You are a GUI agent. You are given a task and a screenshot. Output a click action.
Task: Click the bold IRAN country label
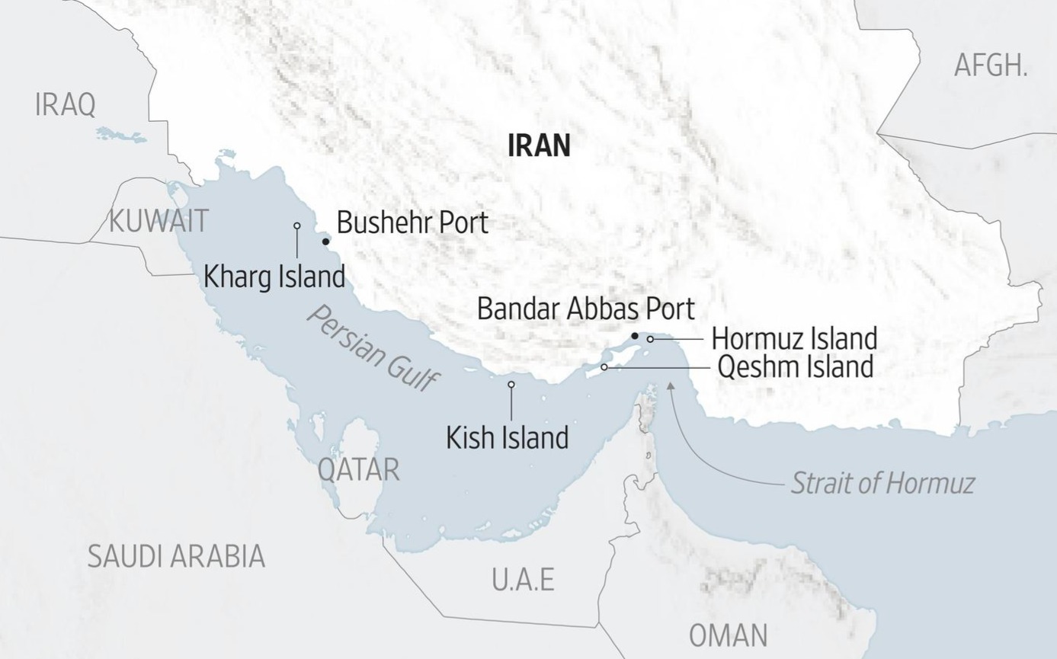pyautogui.click(x=539, y=145)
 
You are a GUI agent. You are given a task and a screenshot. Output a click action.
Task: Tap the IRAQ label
pyautogui.click(x=66, y=104)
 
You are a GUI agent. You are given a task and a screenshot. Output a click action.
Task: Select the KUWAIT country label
pyautogui.click(x=159, y=221)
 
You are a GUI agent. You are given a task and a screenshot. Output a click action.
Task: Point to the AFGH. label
pyautogui.click(x=991, y=66)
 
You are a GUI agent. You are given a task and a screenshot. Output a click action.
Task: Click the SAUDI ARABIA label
pyautogui.click(x=176, y=556)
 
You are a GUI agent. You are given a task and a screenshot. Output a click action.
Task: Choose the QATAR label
pyautogui.click(x=358, y=469)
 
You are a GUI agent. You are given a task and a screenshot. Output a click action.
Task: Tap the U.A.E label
pyautogui.click(x=523, y=580)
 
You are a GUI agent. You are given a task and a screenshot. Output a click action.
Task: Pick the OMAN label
pyautogui.click(x=728, y=635)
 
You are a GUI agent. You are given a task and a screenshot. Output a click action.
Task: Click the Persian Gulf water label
pyautogui.click(x=373, y=349)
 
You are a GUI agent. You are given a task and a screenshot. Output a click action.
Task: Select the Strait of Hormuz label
pyautogui.click(x=882, y=483)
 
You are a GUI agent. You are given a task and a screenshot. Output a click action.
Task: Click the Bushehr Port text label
pyautogui.click(x=412, y=222)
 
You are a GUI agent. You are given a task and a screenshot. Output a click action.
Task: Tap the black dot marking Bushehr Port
pyautogui.click(x=325, y=242)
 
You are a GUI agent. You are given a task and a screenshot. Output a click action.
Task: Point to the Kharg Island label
pyautogui.click(x=274, y=276)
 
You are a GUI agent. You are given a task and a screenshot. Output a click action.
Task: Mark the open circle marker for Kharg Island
pyautogui.click(x=297, y=226)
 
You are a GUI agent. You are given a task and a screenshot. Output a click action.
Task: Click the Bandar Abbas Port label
pyautogui.click(x=585, y=309)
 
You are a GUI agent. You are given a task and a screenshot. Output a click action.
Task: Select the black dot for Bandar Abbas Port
pyautogui.click(x=634, y=336)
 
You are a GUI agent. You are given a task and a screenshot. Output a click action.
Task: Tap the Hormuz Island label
pyautogui.click(x=794, y=338)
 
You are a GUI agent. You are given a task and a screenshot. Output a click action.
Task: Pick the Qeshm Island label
pyautogui.click(x=796, y=366)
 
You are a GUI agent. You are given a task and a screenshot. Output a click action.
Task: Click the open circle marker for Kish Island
pyautogui.click(x=511, y=385)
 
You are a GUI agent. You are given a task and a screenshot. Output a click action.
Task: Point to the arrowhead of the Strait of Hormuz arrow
pyautogui.click(x=671, y=385)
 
